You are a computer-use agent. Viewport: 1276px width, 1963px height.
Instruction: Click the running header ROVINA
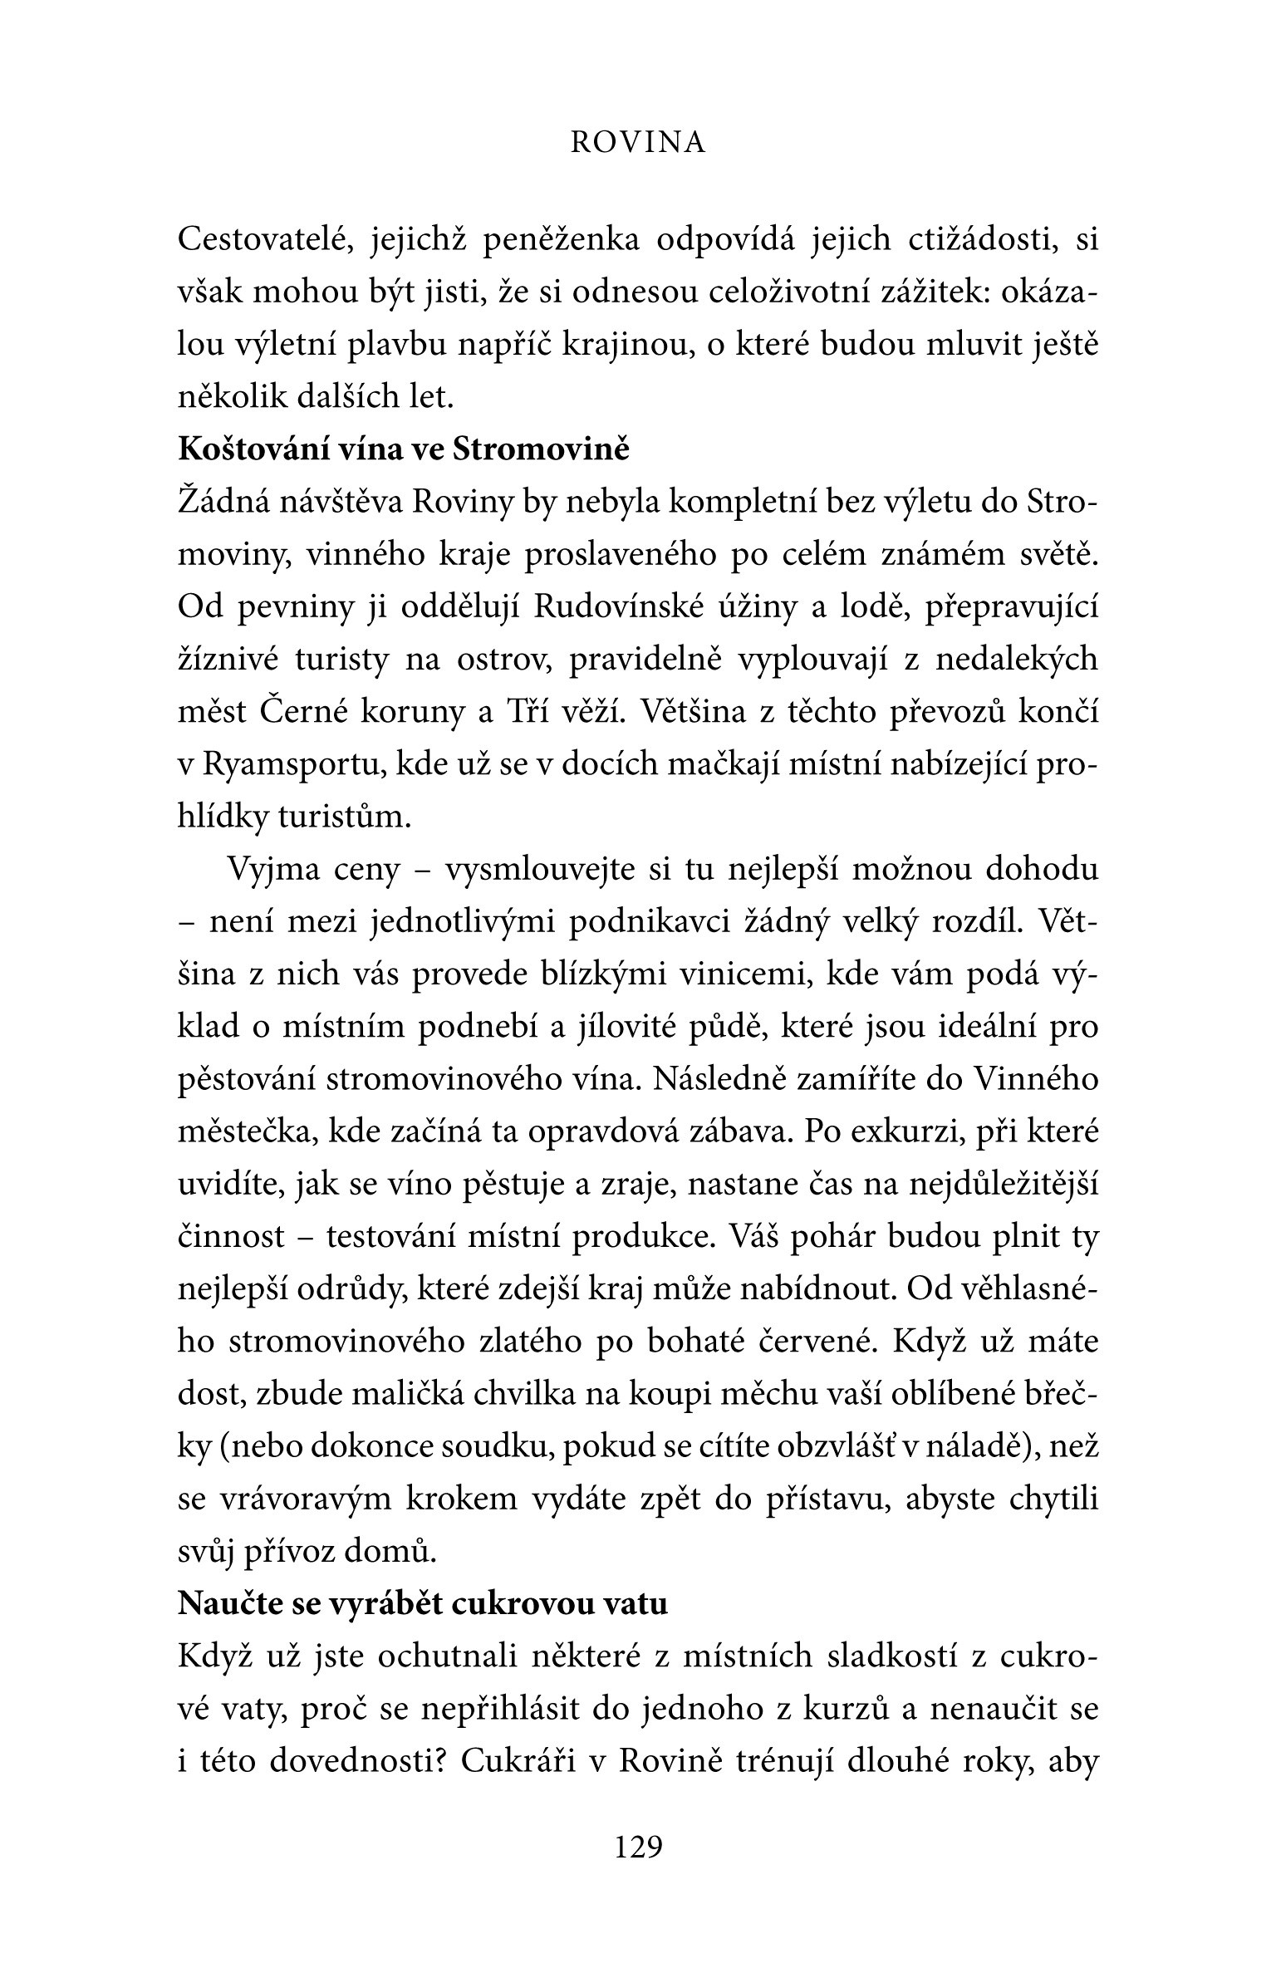click(x=638, y=144)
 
